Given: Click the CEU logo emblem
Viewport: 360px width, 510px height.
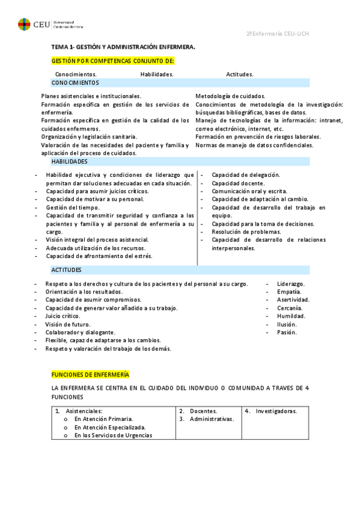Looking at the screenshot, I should (24, 24).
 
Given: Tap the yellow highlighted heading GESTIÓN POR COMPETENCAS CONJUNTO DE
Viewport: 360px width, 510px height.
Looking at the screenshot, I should (113, 61).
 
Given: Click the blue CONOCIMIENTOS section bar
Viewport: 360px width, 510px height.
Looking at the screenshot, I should (180, 82).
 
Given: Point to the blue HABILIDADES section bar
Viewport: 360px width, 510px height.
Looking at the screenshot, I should (180, 162).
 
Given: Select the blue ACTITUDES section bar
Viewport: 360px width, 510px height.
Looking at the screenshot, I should (180, 270).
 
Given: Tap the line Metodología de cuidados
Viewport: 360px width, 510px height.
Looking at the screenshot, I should (230, 96).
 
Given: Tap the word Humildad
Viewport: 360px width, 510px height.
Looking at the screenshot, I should (291, 316).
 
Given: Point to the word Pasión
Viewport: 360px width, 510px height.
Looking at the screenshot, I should (287, 332).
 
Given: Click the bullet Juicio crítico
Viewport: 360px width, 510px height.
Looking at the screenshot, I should (63, 316).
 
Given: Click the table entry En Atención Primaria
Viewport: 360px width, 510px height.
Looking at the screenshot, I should (103, 419).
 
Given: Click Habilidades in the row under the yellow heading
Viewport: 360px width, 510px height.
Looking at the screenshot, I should (157, 74).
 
